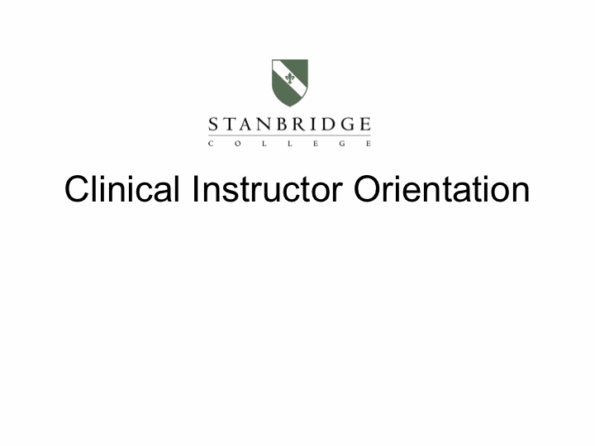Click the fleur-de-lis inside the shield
290,78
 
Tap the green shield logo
290,83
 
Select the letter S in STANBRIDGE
213,125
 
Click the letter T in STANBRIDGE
228,125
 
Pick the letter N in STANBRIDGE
263,125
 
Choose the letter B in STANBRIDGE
282,125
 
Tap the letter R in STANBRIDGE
297,125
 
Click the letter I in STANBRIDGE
312,125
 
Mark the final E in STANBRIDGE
365,125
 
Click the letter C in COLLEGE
211,144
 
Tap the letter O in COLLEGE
237,144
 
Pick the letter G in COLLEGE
342,144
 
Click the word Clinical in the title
121,189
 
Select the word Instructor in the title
268,189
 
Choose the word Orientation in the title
441,189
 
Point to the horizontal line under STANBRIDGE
289,135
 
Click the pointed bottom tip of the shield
289,107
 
